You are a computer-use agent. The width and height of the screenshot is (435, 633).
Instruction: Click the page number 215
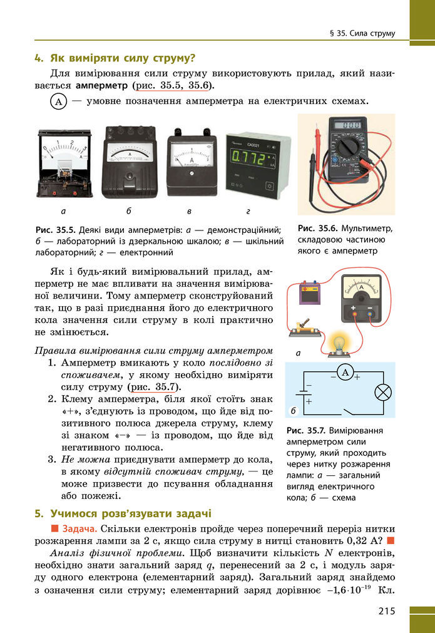386,611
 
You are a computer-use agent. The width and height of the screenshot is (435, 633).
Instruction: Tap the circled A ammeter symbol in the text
58,102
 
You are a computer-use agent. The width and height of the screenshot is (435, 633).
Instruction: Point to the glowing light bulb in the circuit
339,344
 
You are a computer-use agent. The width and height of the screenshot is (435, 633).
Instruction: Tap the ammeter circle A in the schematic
344,373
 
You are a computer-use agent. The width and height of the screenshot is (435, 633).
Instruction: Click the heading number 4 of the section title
38,59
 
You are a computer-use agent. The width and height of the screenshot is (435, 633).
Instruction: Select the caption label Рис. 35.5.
56,230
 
